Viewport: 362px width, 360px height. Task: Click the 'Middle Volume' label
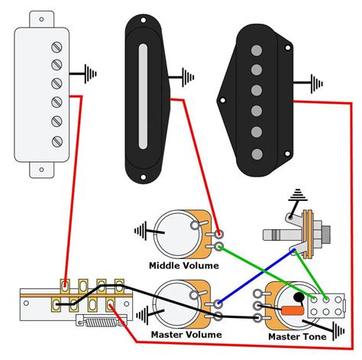(x=184, y=266)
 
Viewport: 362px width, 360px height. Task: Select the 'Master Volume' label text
(x=186, y=335)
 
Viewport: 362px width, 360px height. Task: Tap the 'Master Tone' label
(x=297, y=336)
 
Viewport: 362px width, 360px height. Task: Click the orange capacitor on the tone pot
(x=293, y=310)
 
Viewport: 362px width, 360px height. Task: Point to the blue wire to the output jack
(x=256, y=277)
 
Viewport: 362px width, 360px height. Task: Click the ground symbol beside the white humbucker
(x=90, y=74)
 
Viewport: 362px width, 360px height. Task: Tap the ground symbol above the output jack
(x=298, y=195)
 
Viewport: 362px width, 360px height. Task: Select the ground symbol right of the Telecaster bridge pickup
(x=316, y=83)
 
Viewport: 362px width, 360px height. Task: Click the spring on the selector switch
(x=101, y=323)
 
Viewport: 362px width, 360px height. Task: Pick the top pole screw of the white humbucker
(x=57, y=47)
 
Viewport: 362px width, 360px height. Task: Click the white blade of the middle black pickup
(x=143, y=96)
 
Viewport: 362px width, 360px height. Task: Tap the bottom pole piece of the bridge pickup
(x=257, y=154)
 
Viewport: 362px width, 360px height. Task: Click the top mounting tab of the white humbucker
(x=42, y=19)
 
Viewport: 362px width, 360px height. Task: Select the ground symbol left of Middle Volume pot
(x=141, y=231)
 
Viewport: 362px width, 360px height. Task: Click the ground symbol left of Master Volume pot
(x=142, y=316)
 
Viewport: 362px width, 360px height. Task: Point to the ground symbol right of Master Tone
(x=338, y=331)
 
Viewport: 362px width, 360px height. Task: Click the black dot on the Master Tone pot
(x=299, y=297)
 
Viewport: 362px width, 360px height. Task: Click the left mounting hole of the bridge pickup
(x=222, y=100)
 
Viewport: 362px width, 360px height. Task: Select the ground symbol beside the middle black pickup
(x=188, y=77)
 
